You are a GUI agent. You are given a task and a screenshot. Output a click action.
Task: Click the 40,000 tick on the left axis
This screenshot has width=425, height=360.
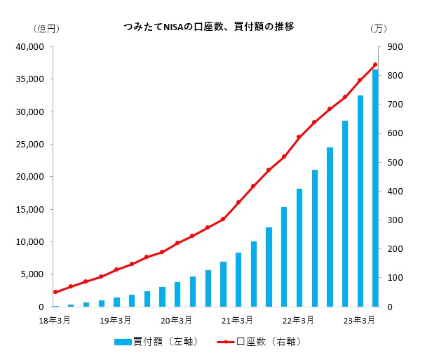coord(30,47)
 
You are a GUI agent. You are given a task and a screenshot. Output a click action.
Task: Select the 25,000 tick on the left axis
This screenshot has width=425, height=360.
coord(30,145)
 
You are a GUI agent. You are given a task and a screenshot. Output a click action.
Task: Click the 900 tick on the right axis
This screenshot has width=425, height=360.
coord(391,47)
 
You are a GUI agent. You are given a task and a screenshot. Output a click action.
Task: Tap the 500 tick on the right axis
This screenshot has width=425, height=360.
coord(391,163)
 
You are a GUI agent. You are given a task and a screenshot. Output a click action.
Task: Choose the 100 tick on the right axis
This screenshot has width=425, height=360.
coord(391,278)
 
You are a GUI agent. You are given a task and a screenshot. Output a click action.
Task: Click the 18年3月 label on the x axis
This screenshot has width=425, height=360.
coord(55,321)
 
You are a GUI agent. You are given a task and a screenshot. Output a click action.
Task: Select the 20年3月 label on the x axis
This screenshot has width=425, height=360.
coord(177,321)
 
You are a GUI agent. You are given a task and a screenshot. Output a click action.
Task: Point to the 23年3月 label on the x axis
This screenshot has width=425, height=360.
coord(360,321)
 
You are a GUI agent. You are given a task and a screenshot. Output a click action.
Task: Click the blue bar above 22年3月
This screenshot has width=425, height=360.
coord(299,248)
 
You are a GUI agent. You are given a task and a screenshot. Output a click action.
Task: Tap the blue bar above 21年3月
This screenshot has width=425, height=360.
coord(238,279)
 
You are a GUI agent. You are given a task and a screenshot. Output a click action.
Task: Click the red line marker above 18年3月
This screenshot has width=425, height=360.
coord(55,292)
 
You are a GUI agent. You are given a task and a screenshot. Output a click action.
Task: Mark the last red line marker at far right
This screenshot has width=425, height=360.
coord(375,65)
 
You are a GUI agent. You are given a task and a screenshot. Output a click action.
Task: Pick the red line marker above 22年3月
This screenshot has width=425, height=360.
coord(299,137)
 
